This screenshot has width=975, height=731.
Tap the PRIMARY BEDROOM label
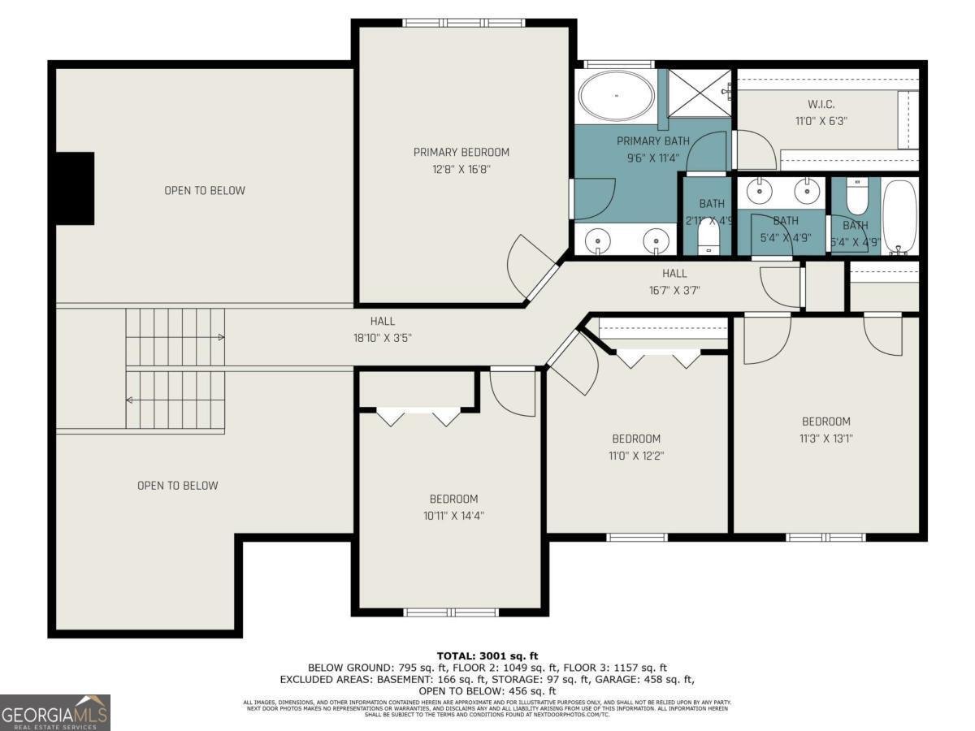pos(461,152)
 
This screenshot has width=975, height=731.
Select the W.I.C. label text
pos(821,104)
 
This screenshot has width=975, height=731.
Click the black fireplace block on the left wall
pos(74,188)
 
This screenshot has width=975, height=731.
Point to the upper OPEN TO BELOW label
pos(205,191)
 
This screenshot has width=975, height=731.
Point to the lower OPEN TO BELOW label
pos(177,486)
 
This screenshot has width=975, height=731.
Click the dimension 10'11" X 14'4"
pos(453,515)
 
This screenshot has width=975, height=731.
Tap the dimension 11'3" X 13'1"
pos(825,438)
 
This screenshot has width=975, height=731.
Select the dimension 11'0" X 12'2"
pos(635,456)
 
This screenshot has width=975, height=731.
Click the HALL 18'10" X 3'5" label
pos(382,330)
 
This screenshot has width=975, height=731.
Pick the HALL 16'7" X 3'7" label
pos(674,282)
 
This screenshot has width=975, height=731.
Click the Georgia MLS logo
pos(54,712)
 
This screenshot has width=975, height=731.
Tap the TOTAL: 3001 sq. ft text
pos(487,655)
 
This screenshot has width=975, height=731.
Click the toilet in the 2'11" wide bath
pos(709,237)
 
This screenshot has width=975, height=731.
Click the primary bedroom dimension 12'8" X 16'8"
pos(461,169)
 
